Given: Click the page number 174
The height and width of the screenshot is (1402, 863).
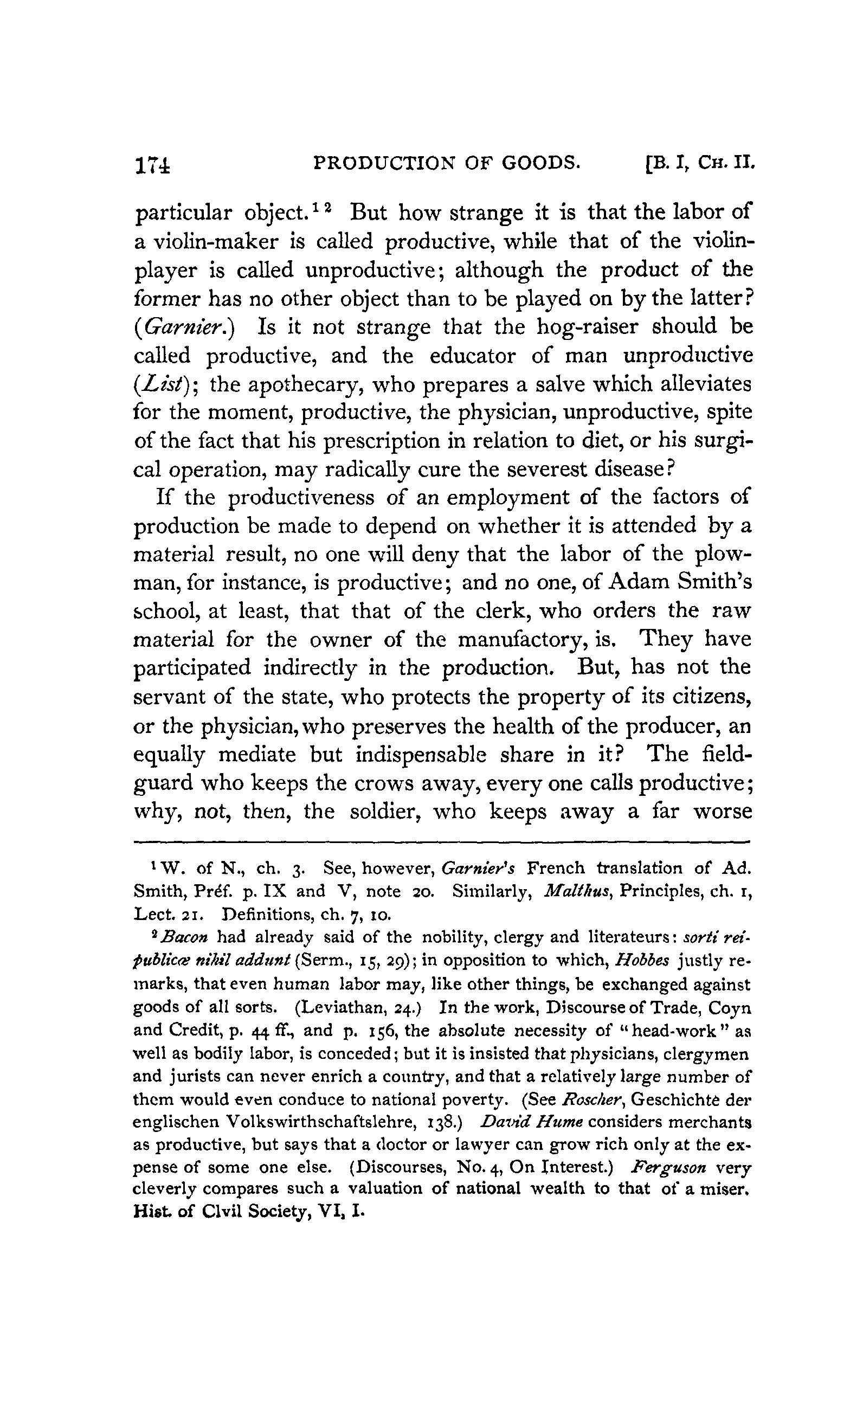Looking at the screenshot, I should (152, 165).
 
